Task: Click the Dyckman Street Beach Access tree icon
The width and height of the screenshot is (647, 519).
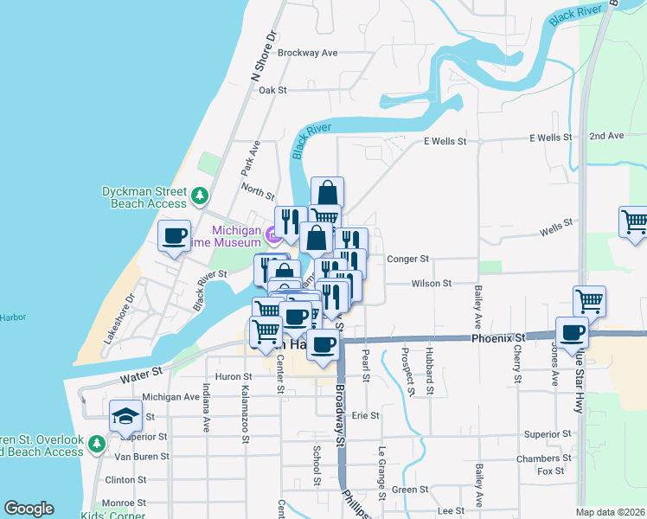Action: [x=200, y=195]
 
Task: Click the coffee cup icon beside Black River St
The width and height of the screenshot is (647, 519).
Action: [x=175, y=236]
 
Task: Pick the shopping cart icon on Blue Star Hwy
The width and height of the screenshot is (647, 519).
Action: [x=589, y=302]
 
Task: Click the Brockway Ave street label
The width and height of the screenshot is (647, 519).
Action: [x=307, y=53]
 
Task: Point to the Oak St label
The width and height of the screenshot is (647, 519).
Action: [x=272, y=90]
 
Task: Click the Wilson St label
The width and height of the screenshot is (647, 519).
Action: [x=431, y=283]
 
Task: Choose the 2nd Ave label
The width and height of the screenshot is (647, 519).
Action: [x=605, y=137]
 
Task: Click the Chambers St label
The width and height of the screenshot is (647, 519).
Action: [x=543, y=458]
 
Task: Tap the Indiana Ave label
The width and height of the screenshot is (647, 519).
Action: [x=207, y=407]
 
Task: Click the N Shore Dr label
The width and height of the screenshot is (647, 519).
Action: [x=262, y=56]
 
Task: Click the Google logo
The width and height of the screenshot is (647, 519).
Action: [x=29, y=509]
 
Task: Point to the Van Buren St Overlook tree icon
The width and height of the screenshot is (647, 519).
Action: [x=97, y=444]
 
